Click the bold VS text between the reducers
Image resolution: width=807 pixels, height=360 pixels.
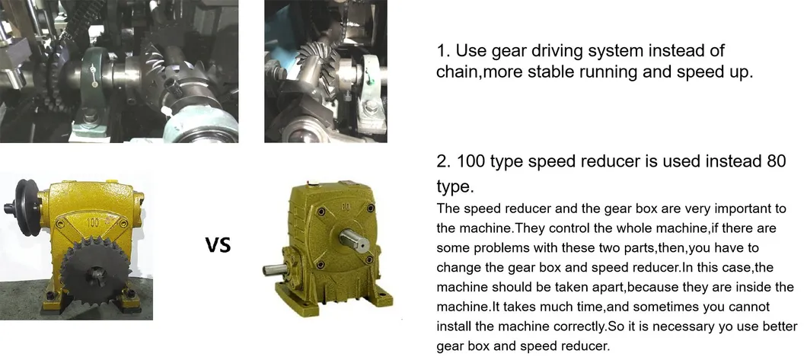[218, 245]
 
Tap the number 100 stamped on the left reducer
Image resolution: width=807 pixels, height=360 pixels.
[93, 223]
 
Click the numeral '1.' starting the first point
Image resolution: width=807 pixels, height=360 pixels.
[444, 51]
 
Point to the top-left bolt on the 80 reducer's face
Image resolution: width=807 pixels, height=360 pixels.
[321, 212]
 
